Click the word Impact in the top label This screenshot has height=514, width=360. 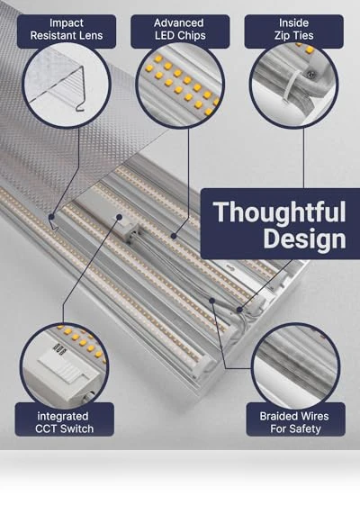67,23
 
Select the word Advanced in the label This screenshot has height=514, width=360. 179,23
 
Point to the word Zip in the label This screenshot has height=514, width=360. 282,36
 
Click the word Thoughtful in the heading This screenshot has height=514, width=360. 279,212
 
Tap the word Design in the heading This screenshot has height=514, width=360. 304,239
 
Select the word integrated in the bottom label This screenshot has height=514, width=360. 63,416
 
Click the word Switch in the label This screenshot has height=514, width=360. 78,428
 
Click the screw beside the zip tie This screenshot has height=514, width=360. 311,75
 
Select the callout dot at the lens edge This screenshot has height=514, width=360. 51,217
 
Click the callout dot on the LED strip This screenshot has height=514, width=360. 174,236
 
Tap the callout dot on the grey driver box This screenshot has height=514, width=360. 120,217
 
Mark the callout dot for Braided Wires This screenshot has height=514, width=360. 212,301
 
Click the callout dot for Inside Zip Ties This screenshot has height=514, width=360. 239,310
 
